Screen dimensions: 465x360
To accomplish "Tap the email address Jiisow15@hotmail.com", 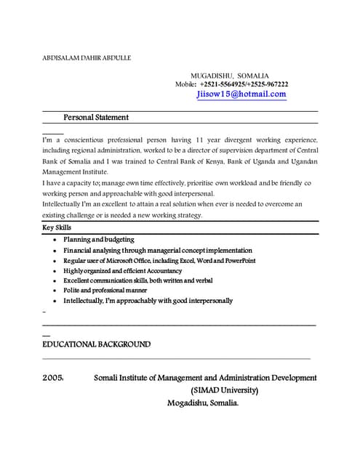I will pos(241,94).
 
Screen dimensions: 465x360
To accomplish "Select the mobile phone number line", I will pos(231,84).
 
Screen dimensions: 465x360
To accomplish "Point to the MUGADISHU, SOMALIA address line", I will pos(230,76).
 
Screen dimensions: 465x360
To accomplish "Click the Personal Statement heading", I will pos(96,117).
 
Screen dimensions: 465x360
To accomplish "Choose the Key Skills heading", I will pos(57,227).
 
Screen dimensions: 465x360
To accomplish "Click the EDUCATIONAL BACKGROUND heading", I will pos(97,344).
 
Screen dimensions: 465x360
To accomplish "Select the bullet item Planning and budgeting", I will pos(98,239).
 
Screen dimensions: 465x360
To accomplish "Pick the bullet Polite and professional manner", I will pos(105,290).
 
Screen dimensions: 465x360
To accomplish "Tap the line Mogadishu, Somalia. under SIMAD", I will pos(203,403).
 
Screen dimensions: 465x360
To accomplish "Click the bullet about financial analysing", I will pos(148,249).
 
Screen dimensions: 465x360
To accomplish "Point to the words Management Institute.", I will pos(75,171).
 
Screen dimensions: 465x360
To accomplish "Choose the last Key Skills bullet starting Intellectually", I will pos(148,300).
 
